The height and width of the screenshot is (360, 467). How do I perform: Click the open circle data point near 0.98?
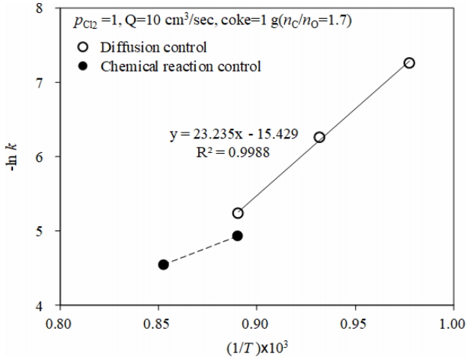point(409,62)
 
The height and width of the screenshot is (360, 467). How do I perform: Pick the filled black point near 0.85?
point(163,265)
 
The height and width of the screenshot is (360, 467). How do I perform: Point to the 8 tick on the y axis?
point(40,8)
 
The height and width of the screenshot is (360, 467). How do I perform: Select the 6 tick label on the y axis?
point(40,158)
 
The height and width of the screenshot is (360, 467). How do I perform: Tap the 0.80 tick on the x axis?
point(59,321)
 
